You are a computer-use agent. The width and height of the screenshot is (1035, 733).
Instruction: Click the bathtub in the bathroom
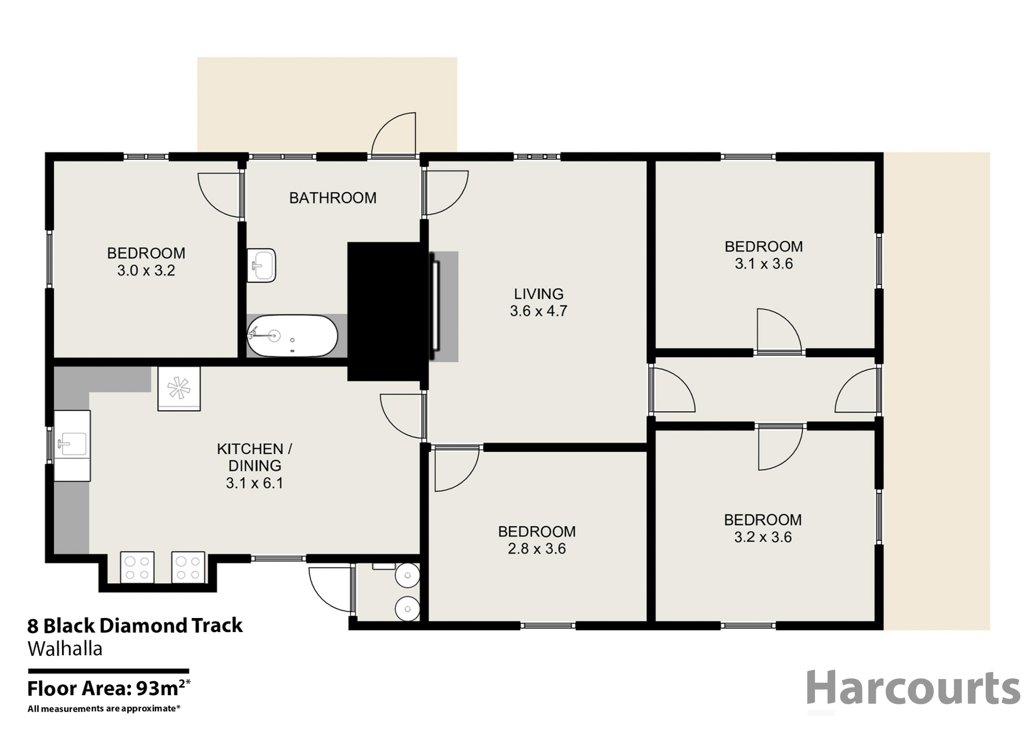[292, 336]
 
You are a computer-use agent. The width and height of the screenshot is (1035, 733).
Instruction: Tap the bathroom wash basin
[261, 265]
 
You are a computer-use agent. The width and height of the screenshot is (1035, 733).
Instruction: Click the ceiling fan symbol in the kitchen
[179, 388]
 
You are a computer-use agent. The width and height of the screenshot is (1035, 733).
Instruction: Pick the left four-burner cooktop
[137, 567]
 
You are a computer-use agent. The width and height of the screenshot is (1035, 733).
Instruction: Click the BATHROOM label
[332, 198]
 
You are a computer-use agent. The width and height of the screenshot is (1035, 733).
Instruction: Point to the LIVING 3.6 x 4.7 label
[538, 302]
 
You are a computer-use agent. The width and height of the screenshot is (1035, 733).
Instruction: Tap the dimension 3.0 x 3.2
[146, 270]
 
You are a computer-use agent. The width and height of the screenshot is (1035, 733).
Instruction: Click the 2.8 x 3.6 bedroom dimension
[537, 549]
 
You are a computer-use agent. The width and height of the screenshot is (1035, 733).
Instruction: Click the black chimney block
[386, 311]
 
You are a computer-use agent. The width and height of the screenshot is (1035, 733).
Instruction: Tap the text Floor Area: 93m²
[109, 688]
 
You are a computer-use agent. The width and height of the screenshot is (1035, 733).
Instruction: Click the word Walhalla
[65, 649]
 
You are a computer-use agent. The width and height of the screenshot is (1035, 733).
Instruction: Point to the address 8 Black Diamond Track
[135, 626]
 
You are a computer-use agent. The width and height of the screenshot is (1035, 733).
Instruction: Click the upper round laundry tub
[408, 575]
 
